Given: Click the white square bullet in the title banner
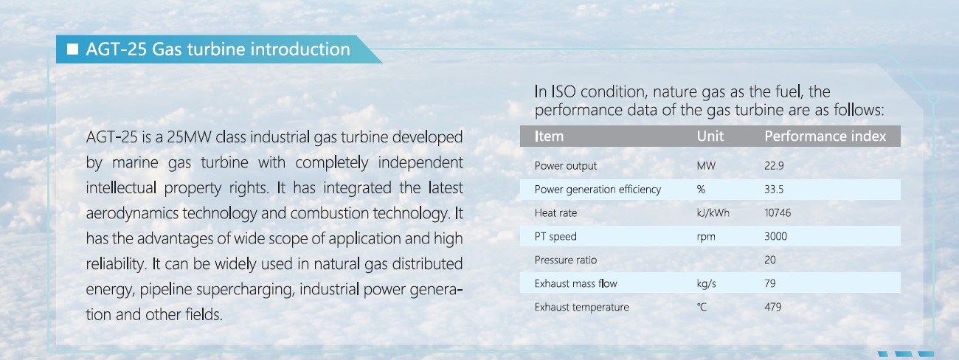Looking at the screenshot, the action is [73, 49].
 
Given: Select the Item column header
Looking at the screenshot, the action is [549, 136].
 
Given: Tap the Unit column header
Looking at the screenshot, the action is [710, 136].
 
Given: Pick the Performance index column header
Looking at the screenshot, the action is [825, 136].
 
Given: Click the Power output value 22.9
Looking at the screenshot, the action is [774, 166].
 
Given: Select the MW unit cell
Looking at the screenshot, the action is [706, 166].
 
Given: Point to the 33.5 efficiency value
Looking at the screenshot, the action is [774, 189].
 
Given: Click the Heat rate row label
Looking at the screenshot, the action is [555, 212].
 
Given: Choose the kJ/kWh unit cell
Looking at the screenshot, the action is [713, 212].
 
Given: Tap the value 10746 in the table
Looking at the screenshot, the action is [778, 212].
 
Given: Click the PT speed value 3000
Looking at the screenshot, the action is [776, 236].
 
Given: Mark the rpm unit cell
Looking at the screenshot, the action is [706, 237].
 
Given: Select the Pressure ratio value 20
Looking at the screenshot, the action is [769, 260].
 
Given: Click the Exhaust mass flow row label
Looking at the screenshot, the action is [576, 283].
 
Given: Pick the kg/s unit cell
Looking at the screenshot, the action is [707, 283].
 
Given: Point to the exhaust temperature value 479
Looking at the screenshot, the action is [773, 307].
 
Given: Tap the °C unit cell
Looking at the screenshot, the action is [702, 307].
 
